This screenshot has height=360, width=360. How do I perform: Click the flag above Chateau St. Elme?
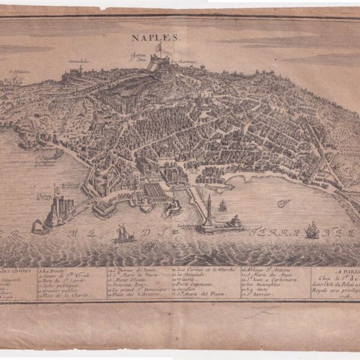coord(158,46)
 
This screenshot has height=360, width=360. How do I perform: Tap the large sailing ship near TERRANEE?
coord(312,229)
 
